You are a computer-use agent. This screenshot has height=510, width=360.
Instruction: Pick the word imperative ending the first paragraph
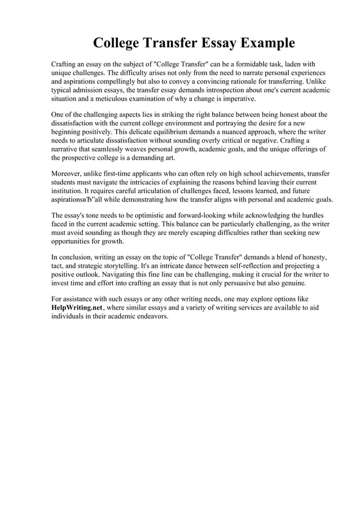click(236, 99)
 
